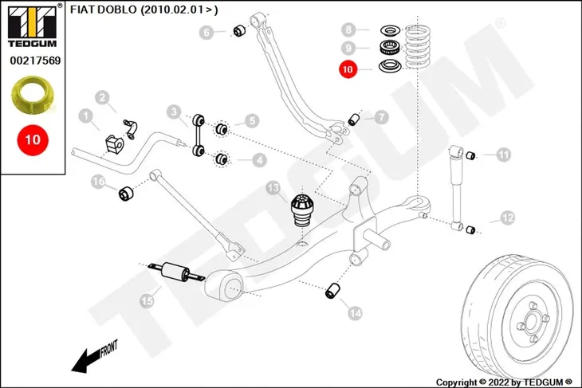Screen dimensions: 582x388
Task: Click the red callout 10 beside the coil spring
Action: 348,69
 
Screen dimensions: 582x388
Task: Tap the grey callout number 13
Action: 273,189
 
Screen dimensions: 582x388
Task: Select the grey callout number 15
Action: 147,300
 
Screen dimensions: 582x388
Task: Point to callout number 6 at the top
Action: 206,33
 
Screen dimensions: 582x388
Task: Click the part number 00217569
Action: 35,60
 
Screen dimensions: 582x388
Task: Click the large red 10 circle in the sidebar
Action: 33,139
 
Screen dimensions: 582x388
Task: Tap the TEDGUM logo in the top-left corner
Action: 33,26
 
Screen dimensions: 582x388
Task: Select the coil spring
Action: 419,46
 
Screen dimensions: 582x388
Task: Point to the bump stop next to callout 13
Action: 301,210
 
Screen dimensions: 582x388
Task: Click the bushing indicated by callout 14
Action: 332,291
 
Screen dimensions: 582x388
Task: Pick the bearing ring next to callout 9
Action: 390,47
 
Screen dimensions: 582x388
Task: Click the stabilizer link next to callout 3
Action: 199,135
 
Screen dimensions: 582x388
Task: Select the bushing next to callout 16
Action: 126,194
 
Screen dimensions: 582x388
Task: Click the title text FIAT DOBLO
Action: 104,10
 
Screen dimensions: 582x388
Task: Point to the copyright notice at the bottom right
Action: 504,382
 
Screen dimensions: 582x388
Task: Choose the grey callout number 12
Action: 508,218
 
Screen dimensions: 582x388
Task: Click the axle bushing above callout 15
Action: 176,272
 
